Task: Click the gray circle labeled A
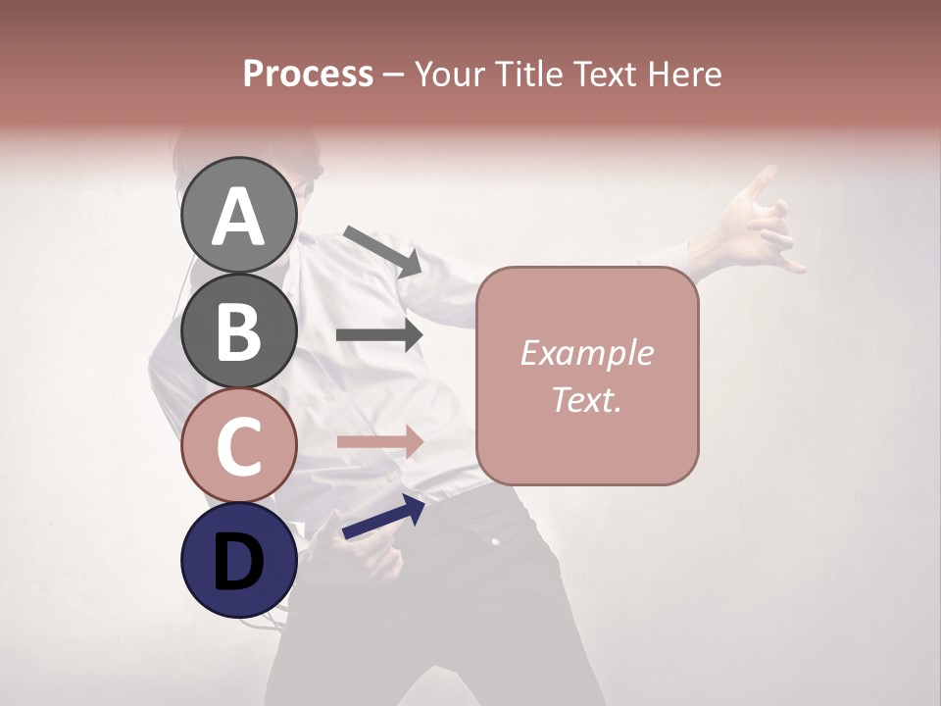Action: click(239, 215)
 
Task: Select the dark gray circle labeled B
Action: click(239, 330)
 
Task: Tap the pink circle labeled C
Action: click(239, 446)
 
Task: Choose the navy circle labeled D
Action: click(239, 561)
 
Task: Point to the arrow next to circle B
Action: click(379, 335)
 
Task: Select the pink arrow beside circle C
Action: click(379, 442)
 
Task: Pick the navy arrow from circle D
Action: click(383, 518)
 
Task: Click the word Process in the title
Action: click(308, 75)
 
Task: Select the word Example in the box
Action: click(586, 353)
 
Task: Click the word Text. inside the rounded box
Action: click(586, 399)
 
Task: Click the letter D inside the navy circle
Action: click(239, 563)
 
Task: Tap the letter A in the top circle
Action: click(239, 217)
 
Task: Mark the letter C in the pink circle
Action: click(239, 447)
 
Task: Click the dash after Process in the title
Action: click(394, 76)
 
